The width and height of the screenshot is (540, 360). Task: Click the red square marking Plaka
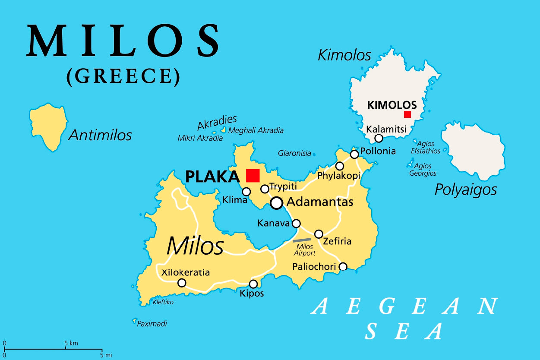pos(253,176)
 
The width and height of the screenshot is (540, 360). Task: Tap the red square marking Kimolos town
pos(407,114)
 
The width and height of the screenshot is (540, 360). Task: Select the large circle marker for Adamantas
pos(277,202)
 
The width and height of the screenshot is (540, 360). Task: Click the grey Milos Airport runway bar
pos(302,240)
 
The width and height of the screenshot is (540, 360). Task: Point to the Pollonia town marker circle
pos(354,154)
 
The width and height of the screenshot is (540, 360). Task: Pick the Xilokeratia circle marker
pos(182,283)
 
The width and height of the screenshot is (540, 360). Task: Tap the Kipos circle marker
pos(253,284)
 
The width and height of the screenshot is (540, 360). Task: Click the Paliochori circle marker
pos(343,266)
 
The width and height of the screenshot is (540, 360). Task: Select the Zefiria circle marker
pos(319,234)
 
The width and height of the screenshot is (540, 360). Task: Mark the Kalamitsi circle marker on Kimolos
pos(379,138)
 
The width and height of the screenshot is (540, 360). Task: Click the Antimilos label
pos(100,136)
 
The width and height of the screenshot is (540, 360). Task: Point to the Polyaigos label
pos(466,189)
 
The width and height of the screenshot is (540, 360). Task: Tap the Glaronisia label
pos(294,153)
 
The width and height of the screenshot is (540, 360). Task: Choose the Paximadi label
pos(152,323)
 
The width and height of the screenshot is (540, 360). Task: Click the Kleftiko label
pos(163,302)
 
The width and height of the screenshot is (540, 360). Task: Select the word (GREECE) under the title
pos(123,76)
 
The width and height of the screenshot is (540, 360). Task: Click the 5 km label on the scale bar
pos(71,343)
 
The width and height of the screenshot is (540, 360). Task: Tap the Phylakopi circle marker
pos(340,166)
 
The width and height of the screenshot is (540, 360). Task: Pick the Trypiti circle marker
pos(265,189)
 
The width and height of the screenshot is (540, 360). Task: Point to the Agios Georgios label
pos(423,169)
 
